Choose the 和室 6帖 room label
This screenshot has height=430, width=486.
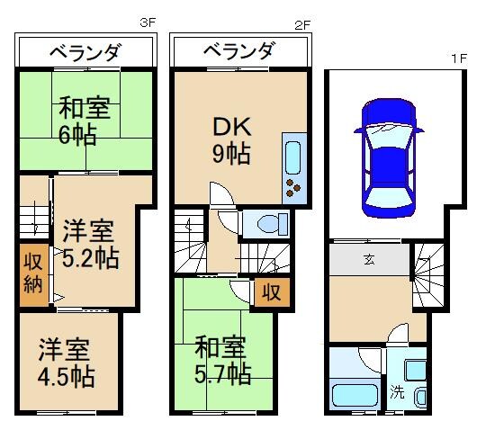pyautogui.click(x=85, y=121)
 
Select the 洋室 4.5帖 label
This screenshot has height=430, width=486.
pyautogui.click(x=65, y=359)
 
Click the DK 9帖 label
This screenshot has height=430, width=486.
pyautogui.click(x=230, y=140)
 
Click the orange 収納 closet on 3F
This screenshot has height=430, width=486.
pyautogui.click(x=31, y=273)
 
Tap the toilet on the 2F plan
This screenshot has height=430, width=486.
pyautogui.click(x=266, y=221)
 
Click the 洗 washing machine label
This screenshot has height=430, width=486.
pyautogui.click(x=397, y=392)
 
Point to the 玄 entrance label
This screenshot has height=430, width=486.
pyautogui.click(x=370, y=261)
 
